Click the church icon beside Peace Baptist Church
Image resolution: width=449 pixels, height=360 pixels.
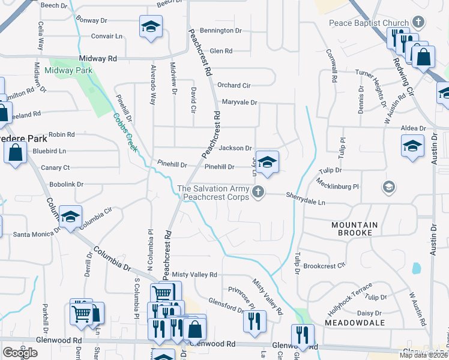click(x=419, y=23)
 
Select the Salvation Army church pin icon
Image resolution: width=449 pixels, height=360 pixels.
click(x=258, y=192)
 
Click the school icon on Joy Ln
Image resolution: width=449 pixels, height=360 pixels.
click(x=268, y=161)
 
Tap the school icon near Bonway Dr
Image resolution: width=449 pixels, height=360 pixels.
click(x=151, y=26)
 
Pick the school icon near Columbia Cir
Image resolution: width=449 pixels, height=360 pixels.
click(x=71, y=217)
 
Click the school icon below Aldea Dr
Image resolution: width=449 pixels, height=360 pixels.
click(x=412, y=146)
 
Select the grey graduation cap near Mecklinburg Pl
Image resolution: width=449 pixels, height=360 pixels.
click(x=388, y=188)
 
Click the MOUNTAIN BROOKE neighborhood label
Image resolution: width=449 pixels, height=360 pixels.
click(x=355, y=229)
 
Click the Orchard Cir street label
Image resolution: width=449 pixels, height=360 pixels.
click(x=234, y=85)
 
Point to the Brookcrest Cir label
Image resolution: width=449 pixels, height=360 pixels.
click(x=325, y=265)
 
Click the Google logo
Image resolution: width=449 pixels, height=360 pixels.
click(x=20, y=352)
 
